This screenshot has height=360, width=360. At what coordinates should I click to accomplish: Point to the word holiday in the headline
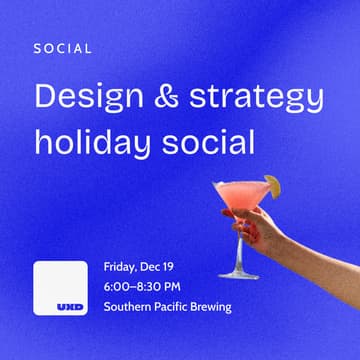pos(93,142)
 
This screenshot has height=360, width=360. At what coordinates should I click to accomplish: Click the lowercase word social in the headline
pos(206,140)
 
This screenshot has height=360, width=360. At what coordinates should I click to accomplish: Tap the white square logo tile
pos(60,287)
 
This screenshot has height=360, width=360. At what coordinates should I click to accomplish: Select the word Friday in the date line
pos(123,268)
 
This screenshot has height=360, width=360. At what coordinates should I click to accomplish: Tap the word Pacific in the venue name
pos(180,307)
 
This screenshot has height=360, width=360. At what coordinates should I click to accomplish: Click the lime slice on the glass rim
pos(273,186)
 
